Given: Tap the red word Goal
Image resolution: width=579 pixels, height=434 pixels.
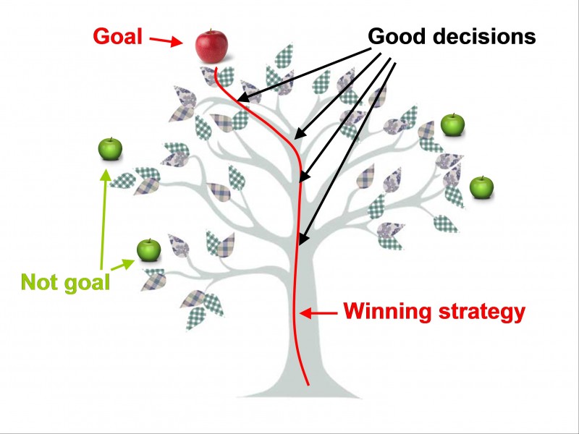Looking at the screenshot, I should coord(118,35).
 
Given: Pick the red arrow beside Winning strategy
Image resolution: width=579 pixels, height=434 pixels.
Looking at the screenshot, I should coord(319,313).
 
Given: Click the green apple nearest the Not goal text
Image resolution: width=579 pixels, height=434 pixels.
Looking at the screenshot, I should coord(148,250).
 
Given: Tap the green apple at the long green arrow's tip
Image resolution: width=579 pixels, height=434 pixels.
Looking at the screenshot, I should coord(110,149).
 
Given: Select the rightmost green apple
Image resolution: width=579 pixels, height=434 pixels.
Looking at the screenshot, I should coord(481,187).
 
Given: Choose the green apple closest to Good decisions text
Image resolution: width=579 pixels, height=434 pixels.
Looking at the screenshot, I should coord(452,125).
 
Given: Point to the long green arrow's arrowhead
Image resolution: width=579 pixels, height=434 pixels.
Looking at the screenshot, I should coord(106,174).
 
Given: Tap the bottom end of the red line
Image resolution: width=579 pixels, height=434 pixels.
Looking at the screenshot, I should coord(309,385).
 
